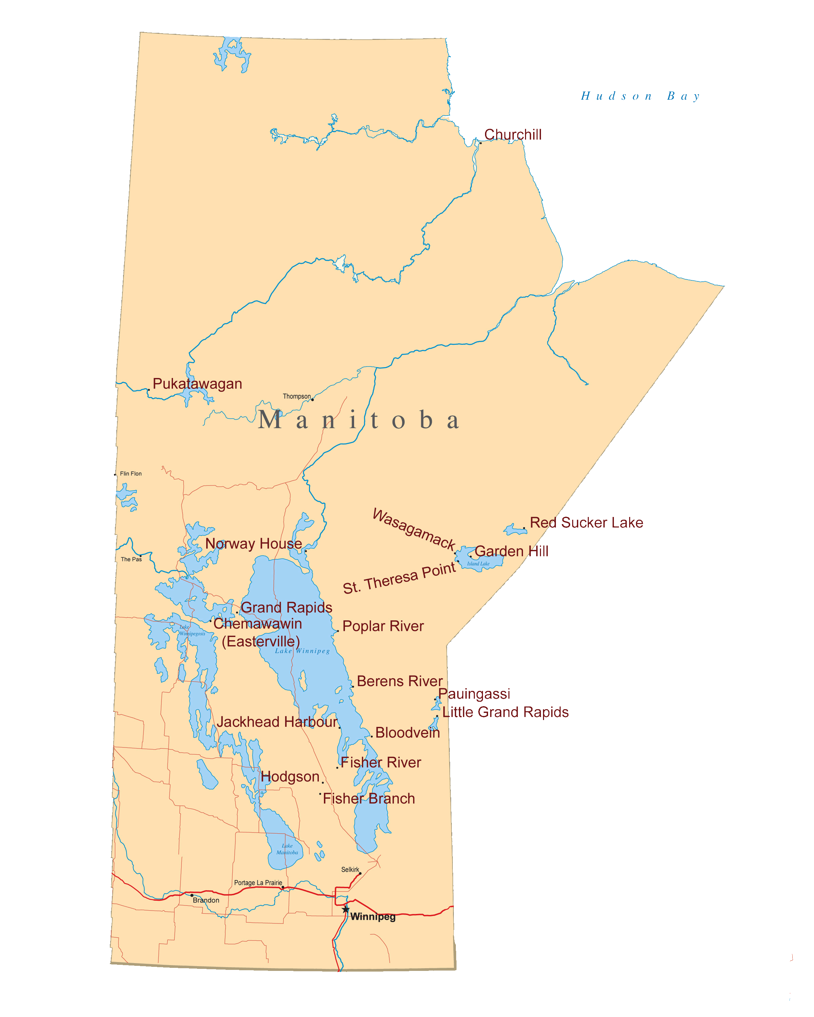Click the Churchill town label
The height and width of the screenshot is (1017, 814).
pyautogui.click(x=512, y=135)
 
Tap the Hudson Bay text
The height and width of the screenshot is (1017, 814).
pyautogui.click(x=640, y=96)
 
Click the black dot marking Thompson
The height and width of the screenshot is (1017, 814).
pyautogui.click(x=312, y=400)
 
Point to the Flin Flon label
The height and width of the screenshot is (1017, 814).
pyautogui.click(x=131, y=474)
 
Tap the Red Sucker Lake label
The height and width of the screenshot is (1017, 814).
pyautogui.click(x=586, y=523)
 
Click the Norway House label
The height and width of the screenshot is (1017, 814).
pyautogui.click(x=253, y=544)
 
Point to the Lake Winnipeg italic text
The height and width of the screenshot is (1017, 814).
pyautogui.click(x=303, y=651)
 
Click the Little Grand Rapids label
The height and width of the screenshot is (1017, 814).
pyautogui.click(x=505, y=712)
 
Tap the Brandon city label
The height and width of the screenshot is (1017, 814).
pyautogui.click(x=206, y=900)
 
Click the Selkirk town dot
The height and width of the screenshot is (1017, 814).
pyautogui.click(x=360, y=874)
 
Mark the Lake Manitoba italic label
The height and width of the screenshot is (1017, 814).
pyautogui.click(x=287, y=849)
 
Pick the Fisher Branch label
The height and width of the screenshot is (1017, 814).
pyautogui.click(x=369, y=799)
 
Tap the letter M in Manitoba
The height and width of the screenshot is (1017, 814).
pyautogui.click(x=270, y=420)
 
